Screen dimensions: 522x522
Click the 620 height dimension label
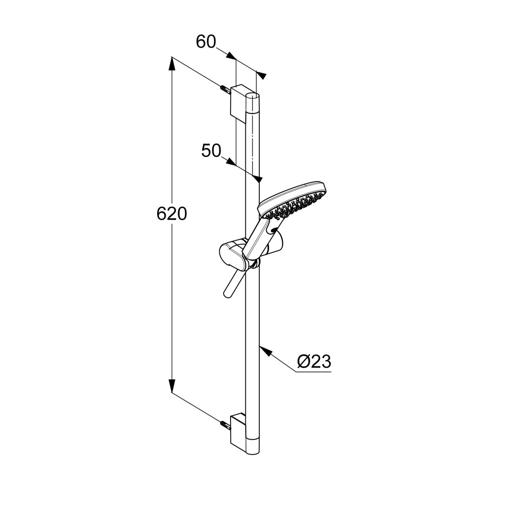(x=172, y=214)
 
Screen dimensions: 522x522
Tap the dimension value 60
(x=206, y=42)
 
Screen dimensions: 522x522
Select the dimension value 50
(x=211, y=151)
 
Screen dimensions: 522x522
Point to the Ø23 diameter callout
(x=314, y=361)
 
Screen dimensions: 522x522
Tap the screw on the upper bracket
(x=226, y=90)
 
